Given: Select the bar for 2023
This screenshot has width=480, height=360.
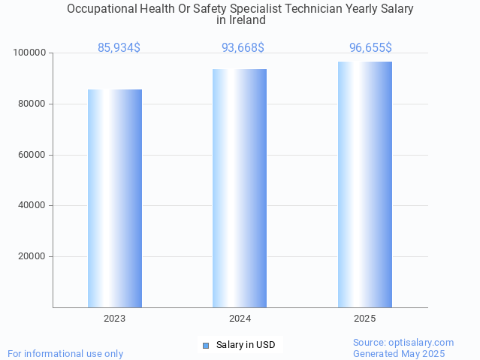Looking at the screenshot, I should (115, 198).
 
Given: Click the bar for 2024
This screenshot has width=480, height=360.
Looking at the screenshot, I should (240, 188).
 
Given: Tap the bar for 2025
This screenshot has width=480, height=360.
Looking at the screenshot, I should (364, 184).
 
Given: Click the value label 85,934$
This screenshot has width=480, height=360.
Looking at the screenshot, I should (119, 48).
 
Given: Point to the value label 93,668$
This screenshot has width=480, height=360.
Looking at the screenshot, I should (243, 48).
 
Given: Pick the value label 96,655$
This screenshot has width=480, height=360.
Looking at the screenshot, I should (370, 48).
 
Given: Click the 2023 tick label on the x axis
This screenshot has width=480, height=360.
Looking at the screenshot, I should (115, 319).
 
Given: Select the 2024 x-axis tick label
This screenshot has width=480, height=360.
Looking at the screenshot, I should (240, 319).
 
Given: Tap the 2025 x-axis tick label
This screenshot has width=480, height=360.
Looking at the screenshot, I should (364, 319).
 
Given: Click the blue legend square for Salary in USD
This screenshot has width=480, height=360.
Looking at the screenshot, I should (206, 346).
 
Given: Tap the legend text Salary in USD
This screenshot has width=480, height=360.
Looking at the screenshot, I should (246, 346).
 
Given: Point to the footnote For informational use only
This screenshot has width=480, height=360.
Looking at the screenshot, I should (65, 353).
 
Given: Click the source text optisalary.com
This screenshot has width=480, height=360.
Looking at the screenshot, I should (423, 343).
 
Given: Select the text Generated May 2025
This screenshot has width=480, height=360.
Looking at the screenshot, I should (399, 354).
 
